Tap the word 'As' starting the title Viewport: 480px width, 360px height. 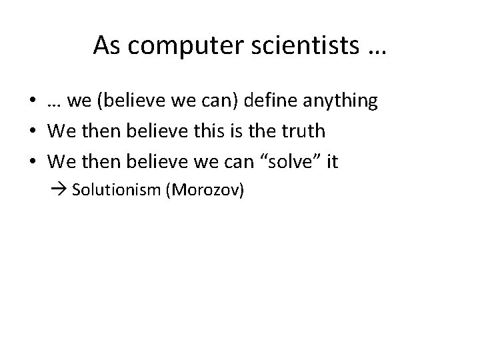pyautogui.click(x=106, y=45)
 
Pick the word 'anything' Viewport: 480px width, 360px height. pyautogui.click(x=340, y=102)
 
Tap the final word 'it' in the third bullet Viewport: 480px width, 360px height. pyautogui.click(x=331, y=162)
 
